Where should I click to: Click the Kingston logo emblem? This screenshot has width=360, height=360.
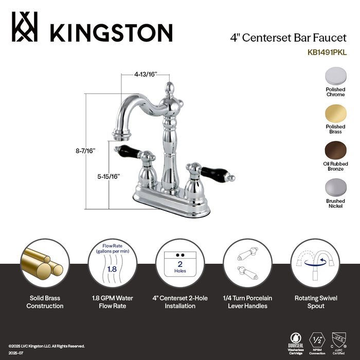pos(24,28)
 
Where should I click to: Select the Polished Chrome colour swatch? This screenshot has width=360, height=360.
pos(335,77)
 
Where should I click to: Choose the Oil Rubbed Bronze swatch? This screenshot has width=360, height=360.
pos(335,152)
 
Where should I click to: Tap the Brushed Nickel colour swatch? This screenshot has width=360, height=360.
pos(335,189)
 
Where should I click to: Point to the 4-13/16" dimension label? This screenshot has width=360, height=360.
pos(146,74)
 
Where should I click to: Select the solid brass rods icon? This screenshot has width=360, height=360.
pos(45,263)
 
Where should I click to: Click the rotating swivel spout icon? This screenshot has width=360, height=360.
pos(315,263)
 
